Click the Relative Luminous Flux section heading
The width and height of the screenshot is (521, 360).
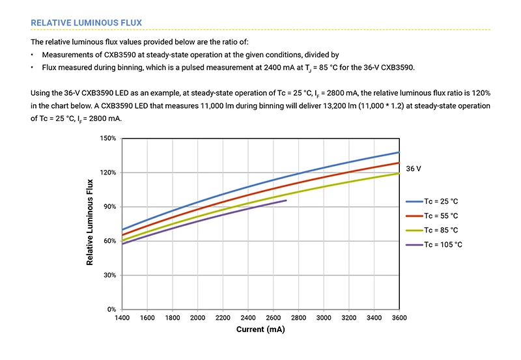(86, 23)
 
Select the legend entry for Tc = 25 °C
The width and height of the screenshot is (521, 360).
(441, 202)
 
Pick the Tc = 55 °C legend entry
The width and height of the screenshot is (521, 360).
(441, 215)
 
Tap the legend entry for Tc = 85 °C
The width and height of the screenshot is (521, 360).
(441, 230)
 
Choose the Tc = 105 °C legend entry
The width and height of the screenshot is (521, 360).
(443, 244)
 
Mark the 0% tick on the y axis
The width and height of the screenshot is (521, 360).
(112, 309)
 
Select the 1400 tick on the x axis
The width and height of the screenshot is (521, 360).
(122, 318)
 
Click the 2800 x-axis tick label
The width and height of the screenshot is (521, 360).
(298, 318)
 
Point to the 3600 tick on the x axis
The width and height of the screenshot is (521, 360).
(399, 318)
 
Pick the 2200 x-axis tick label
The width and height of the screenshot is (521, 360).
(223, 318)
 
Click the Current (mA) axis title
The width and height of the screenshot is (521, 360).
(260, 330)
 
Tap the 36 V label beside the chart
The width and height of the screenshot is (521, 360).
(414, 169)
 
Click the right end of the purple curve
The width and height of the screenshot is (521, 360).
(286, 201)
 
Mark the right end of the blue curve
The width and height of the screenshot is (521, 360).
(399, 152)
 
